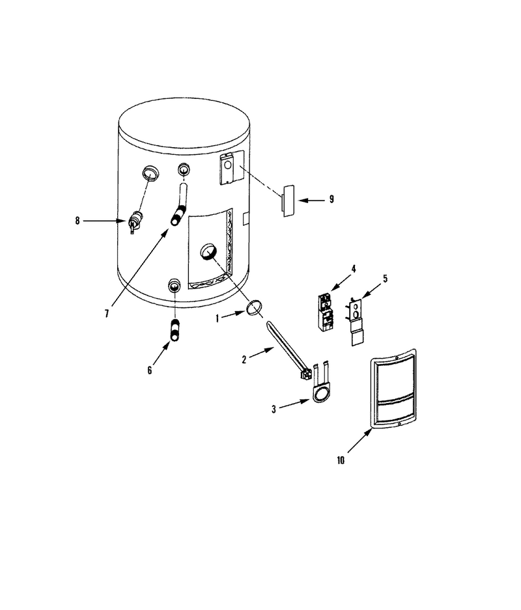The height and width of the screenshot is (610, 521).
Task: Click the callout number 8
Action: point(77,221)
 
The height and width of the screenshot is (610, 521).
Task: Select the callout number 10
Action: point(341,460)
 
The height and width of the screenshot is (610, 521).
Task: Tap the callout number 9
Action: point(331,199)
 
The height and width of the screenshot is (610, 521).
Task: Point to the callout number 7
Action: point(107,314)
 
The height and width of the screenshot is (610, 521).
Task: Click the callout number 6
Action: point(150,370)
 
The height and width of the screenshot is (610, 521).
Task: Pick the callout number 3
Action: point(274,409)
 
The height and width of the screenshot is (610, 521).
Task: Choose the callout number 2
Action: point(244,360)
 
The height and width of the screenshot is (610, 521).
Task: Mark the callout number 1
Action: point(218,318)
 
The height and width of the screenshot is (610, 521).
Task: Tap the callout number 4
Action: point(354,269)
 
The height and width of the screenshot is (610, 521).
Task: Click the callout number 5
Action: point(385,279)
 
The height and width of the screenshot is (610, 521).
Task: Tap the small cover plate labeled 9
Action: point(289,201)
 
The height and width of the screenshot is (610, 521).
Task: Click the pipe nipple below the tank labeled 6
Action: point(175,330)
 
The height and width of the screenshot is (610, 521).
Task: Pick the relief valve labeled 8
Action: point(134,222)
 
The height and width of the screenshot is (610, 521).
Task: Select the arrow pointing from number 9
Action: point(312,201)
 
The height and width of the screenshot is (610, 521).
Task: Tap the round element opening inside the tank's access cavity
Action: point(208,251)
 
